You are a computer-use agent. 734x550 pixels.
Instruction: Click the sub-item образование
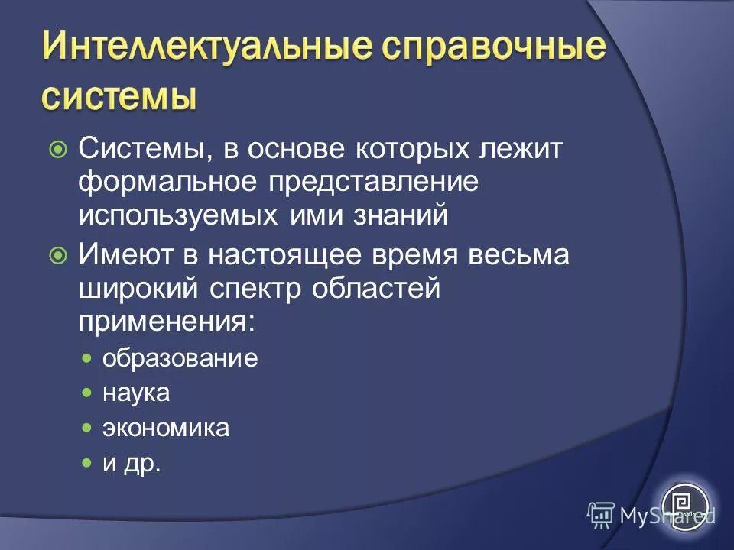coord(180,359)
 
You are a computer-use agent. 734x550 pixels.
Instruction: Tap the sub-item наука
coord(136,393)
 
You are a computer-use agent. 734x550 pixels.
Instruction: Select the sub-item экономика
coord(166,428)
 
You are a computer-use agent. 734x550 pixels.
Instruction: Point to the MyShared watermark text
coord(667,515)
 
